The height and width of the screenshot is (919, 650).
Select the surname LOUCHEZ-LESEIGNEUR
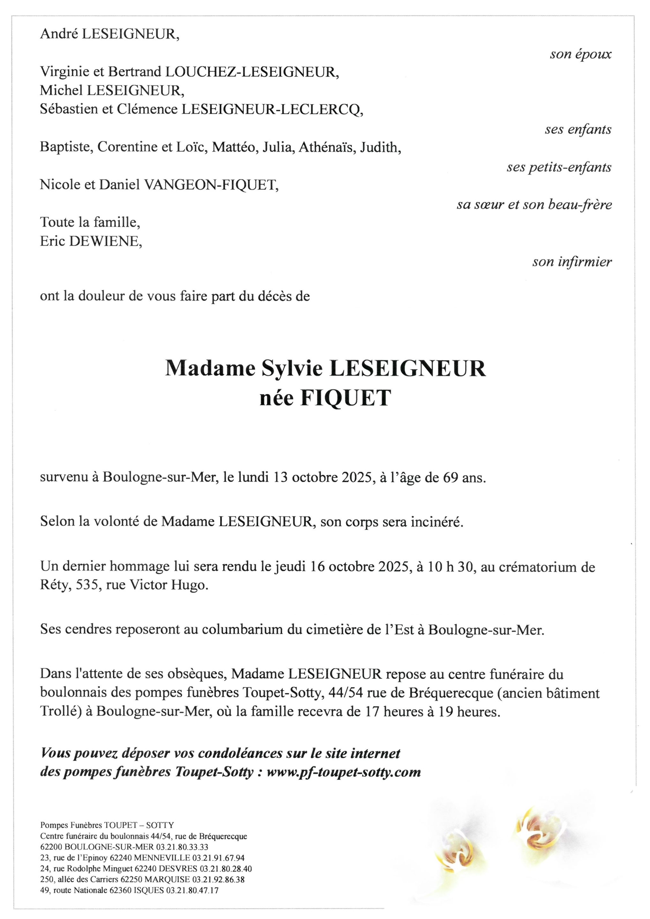252,72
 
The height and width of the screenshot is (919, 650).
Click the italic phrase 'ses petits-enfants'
559,167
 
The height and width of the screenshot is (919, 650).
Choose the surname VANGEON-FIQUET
211,185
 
